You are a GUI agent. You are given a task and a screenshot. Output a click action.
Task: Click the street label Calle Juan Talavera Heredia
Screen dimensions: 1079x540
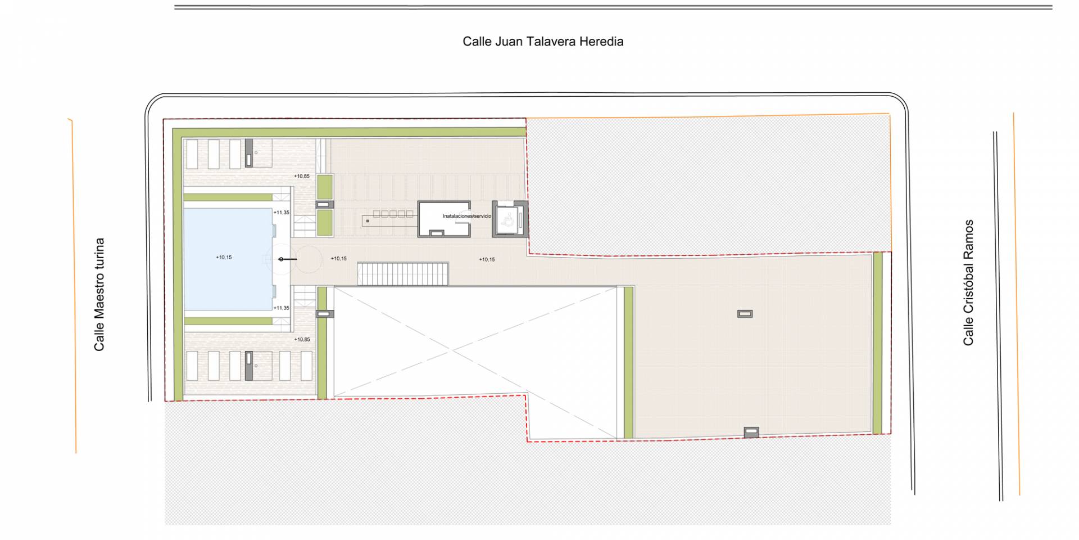(x=543, y=42)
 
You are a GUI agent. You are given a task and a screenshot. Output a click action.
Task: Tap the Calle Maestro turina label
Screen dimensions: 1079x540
(x=99, y=295)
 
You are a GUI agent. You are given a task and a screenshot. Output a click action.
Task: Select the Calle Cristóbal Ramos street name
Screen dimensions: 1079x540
(x=968, y=282)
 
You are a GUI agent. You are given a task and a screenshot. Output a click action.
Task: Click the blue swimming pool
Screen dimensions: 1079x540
(x=228, y=259)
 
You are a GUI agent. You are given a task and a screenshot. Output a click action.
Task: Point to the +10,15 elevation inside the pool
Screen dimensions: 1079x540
(x=224, y=257)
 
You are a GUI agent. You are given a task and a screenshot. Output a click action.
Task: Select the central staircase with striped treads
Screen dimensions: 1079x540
(x=403, y=274)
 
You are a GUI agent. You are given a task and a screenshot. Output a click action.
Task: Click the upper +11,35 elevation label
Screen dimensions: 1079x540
(x=282, y=213)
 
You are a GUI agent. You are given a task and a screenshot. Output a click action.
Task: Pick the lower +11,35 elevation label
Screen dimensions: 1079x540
(x=282, y=308)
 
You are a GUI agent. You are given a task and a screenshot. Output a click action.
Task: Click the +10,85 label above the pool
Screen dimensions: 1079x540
(x=302, y=176)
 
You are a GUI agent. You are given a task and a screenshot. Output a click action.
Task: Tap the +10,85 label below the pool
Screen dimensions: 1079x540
(x=302, y=339)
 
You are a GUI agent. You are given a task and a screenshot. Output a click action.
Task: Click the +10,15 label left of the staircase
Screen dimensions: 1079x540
(x=339, y=259)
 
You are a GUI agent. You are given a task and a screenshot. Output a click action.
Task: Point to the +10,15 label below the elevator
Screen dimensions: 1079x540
(x=487, y=259)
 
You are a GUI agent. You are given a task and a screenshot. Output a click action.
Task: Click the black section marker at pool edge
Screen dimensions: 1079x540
(x=288, y=259)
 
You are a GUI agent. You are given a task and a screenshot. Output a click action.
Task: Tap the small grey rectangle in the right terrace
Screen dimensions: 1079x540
(x=745, y=314)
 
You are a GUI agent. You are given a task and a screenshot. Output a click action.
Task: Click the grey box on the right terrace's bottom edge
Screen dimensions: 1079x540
(x=751, y=432)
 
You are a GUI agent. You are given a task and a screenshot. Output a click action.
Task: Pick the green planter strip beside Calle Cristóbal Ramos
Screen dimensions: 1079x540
(x=877, y=344)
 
